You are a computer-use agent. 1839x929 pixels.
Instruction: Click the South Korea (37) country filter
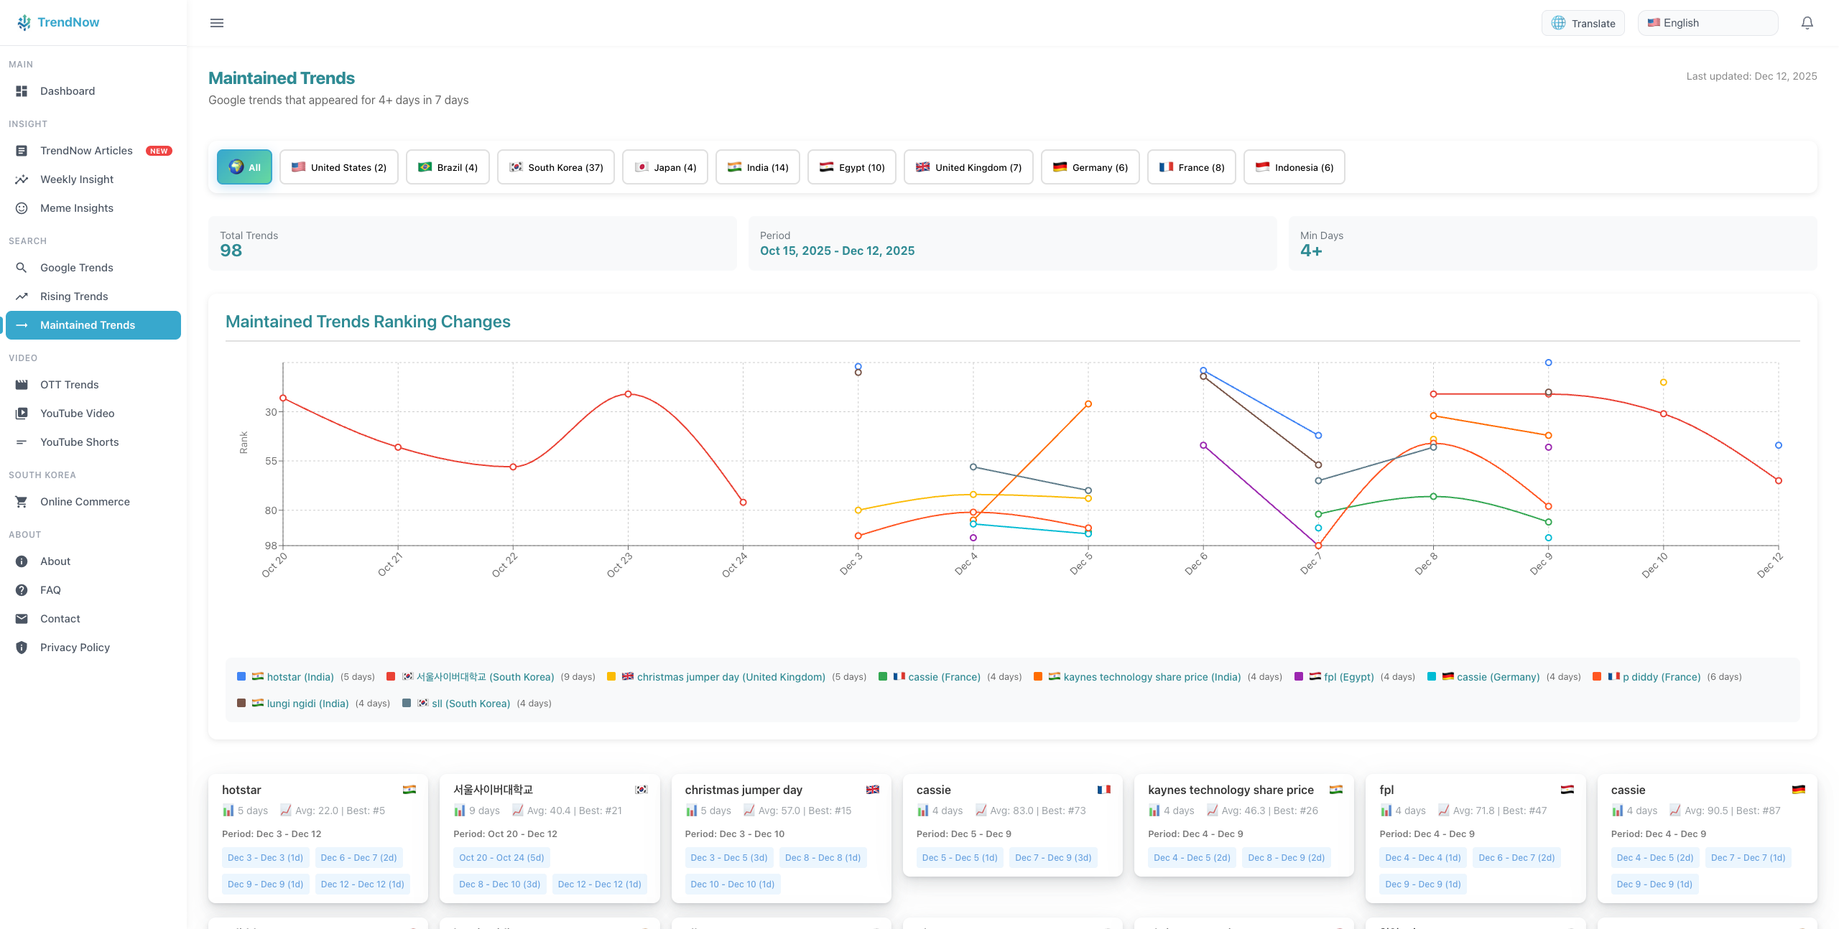pos(555,167)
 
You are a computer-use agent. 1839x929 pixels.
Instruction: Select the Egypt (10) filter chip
pos(851,167)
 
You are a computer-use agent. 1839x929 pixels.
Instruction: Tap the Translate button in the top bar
pos(1583,23)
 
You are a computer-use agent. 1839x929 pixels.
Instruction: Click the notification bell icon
pos(1807,23)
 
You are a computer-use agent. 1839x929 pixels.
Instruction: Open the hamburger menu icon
pos(217,23)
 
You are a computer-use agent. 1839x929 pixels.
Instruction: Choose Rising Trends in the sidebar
pos(74,297)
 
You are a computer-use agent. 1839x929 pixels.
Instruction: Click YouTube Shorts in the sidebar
pos(79,442)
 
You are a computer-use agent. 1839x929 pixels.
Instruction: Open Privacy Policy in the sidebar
pos(75,648)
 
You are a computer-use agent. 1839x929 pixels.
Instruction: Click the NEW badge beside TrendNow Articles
pos(159,151)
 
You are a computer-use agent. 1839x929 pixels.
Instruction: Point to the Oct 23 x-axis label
pos(619,564)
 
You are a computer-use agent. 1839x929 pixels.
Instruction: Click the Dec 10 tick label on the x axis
pos(1654,564)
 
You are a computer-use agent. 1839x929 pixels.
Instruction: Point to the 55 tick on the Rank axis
pos(271,461)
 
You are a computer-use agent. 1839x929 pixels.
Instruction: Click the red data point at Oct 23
pos(628,394)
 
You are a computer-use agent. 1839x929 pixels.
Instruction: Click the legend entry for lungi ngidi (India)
pos(307,704)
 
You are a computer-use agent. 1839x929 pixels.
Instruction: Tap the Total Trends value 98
pos(231,251)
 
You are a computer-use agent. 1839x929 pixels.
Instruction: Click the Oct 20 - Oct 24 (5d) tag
pos(501,857)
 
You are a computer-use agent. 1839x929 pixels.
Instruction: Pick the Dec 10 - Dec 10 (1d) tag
pos(732,884)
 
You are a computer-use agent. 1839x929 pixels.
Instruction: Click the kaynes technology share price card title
pos(1231,790)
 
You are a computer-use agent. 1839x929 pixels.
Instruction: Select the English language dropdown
pos(1708,23)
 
